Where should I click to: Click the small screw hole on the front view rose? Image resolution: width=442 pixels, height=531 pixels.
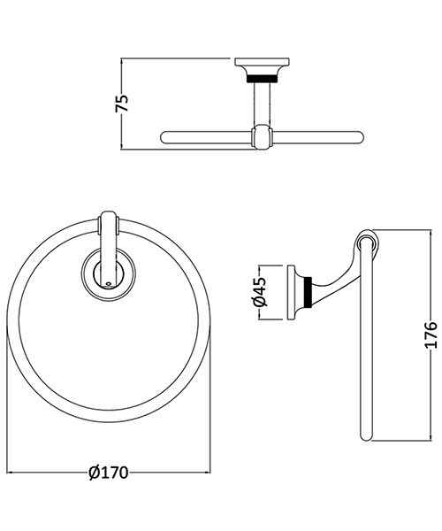(x=107, y=284)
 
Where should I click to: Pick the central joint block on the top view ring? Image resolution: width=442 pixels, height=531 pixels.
(x=261, y=137)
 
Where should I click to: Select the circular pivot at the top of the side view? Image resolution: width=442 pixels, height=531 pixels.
(x=366, y=241)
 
